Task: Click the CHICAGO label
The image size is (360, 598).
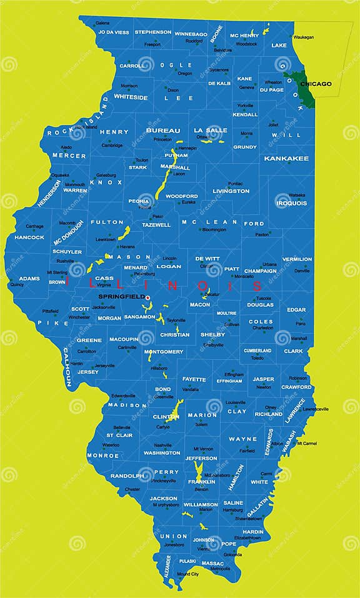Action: point(316,84)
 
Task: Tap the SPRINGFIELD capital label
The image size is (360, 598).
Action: point(121,296)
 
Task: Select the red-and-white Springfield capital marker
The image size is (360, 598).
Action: point(148,297)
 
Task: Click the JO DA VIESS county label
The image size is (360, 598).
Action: point(114,32)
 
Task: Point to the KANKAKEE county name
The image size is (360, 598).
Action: point(286,159)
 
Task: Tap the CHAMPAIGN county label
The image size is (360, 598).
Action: point(261,271)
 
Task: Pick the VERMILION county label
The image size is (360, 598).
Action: point(297,259)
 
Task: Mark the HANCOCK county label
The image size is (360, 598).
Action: point(29,237)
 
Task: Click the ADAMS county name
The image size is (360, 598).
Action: point(29,279)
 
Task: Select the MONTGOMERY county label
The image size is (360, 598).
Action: point(164,352)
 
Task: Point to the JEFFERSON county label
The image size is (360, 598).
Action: point(201,458)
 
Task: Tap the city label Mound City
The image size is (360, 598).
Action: point(187,574)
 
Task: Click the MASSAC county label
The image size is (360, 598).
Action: point(216,563)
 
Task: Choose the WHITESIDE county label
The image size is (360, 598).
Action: point(131,97)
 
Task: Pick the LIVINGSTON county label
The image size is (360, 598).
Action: point(231,191)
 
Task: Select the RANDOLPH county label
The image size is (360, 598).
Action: point(127,476)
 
